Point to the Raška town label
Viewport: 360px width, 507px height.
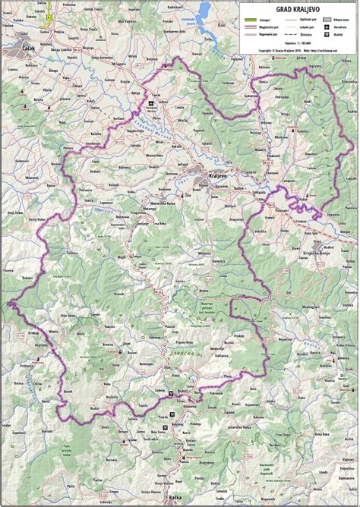(x=177, y=453)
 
